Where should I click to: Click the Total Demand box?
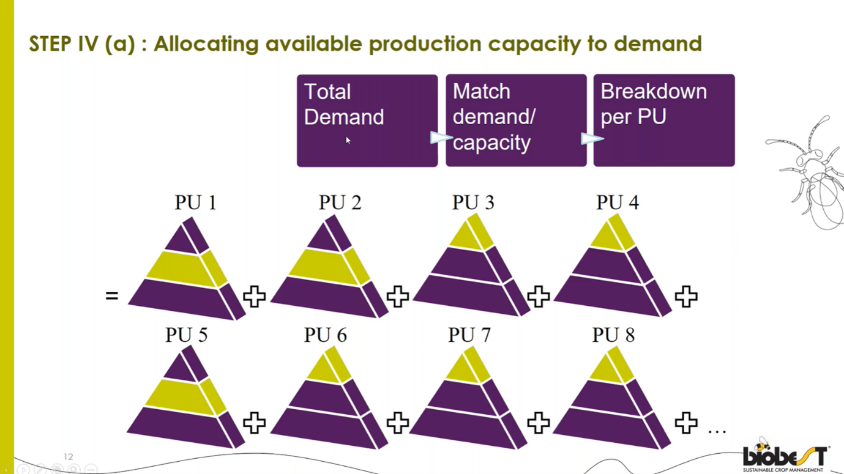click(x=367, y=120)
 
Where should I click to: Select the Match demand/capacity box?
click(x=515, y=120)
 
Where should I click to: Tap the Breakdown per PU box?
click(x=663, y=120)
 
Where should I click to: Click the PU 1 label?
click(x=195, y=202)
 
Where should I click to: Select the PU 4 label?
click(x=617, y=202)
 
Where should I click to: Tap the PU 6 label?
click(x=325, y=335)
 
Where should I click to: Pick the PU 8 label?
click(x=613, y=335)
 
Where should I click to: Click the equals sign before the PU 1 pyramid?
click(x=111, y=297)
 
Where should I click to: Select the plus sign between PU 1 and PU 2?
click(x=254, y=297)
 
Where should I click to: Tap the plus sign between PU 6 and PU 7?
click(x=398, y=422)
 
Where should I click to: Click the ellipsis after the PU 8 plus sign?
click(x=717, y=431)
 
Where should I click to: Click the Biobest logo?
click(x=785, y=456)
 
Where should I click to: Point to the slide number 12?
click(x=68, y=457)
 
